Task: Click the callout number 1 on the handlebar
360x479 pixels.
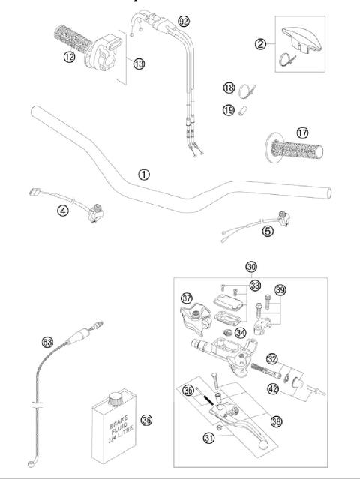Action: (164, 174)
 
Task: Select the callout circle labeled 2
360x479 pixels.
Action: (261, 45)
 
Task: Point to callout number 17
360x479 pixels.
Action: (301, 133)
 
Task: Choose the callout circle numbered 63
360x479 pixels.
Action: (47, 342)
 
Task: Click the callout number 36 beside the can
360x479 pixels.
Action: (147, 421)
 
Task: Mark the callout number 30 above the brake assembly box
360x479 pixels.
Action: (251, 267)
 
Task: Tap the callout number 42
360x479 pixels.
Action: (274, 388)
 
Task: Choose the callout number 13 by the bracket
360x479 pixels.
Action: (139, 64)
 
